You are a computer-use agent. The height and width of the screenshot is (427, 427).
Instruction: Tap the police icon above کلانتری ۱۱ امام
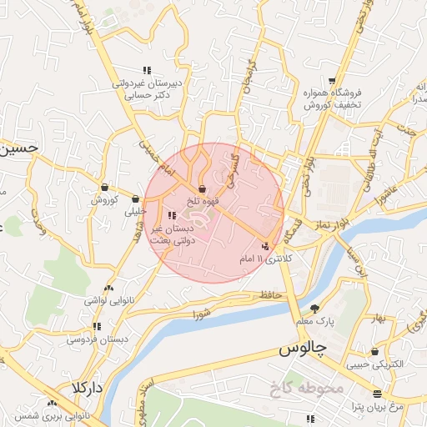pos(265,247)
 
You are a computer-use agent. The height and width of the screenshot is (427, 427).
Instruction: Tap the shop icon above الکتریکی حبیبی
pos(374,352)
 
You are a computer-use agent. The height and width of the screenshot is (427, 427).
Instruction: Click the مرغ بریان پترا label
pos(378,406)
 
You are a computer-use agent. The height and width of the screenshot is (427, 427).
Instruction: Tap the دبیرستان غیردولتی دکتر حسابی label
pos(147,90)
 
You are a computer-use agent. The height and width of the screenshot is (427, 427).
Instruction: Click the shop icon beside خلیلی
pos(135,199)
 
